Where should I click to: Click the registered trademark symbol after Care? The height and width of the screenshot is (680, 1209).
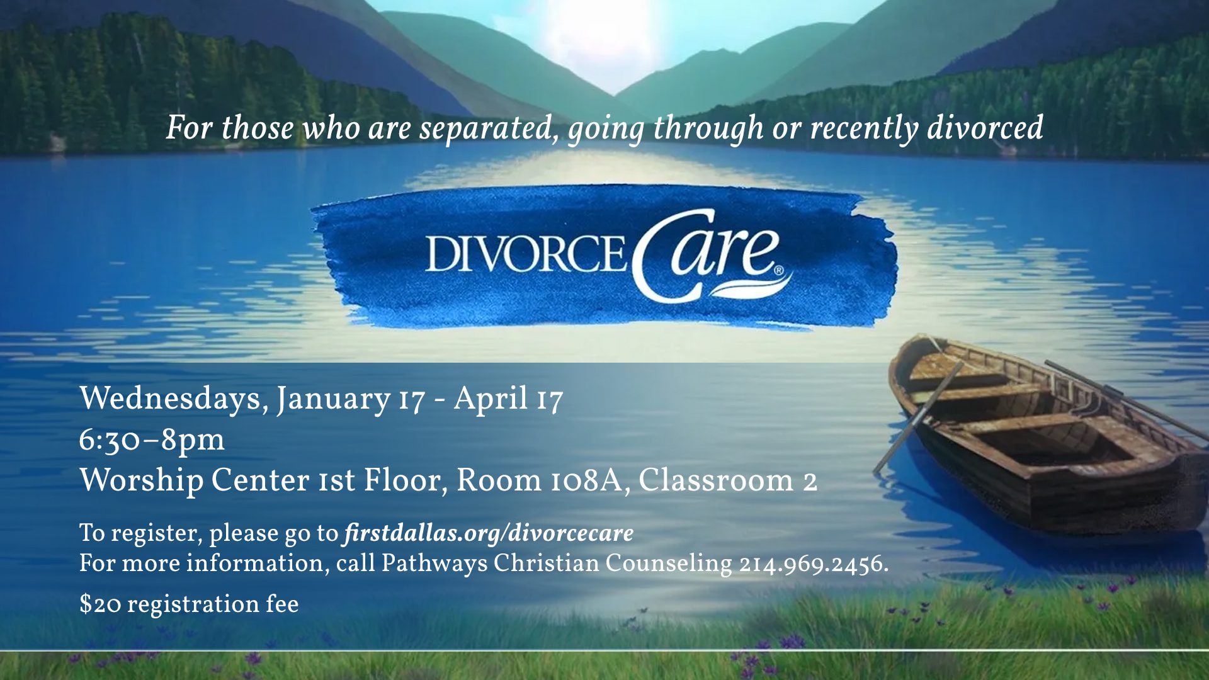(779, 271)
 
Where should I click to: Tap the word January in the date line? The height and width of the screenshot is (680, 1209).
(333, 399)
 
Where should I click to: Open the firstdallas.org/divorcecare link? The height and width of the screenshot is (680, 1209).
(489, 533)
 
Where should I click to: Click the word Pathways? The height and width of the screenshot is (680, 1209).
(434, 564)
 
